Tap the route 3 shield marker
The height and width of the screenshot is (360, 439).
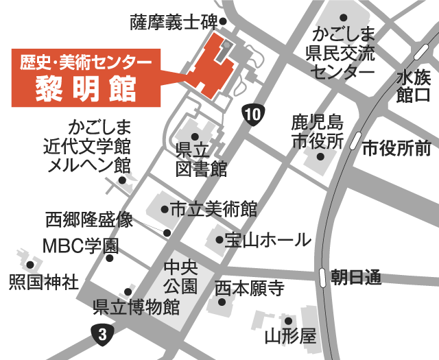coord(103,335)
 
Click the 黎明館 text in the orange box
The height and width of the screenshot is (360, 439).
coord(86,87)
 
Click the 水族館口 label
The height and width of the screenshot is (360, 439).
coord(414,86)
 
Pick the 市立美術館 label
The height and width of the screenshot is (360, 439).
coord(213,208)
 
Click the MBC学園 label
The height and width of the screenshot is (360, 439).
coord(80,245)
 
